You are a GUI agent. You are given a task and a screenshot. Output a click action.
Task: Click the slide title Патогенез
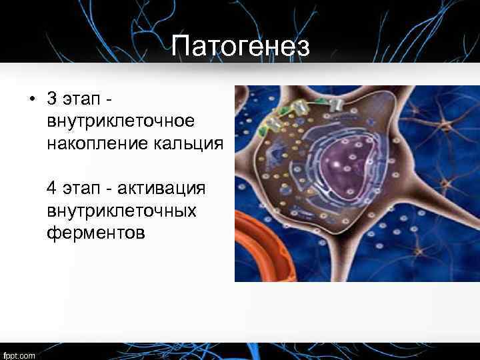[240, 47]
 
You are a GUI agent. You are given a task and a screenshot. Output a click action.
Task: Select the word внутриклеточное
[121, 121]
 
